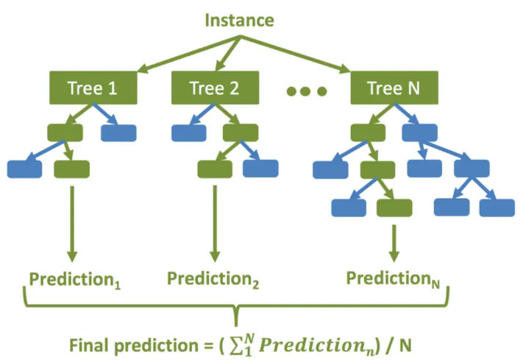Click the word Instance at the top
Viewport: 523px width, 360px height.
tap(240, 20)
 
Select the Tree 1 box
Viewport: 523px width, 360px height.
tap(93, 88)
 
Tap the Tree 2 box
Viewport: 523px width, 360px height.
tap(215, 88)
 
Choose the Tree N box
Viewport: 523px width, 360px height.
tap(394, 88)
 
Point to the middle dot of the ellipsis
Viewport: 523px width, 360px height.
tap(306, 91)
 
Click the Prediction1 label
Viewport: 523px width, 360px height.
tap(75, 280)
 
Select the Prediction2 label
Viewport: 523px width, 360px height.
tap(213, 279)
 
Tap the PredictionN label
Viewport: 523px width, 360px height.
tap(393, 279)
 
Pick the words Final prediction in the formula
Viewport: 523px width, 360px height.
tap(134, 345)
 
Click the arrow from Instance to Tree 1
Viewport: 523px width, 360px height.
tap(189, 54)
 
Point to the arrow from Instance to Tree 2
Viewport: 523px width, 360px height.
tap(228, 54)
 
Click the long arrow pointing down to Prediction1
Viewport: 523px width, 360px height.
tap(72, 224)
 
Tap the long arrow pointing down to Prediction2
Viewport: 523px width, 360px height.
tap(215, 224)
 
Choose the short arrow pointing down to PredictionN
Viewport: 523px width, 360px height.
tap(394, 244)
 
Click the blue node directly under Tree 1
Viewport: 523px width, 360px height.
tap(118, 133)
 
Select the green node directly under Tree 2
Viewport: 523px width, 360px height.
tap(241, 133)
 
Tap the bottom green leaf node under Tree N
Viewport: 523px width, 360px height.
tap(394, 208)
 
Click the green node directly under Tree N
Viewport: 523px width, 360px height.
tap(369, 133)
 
